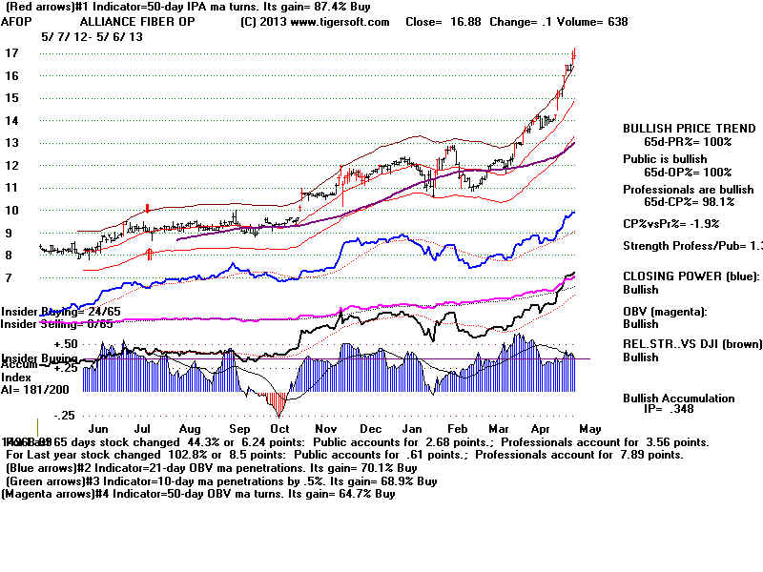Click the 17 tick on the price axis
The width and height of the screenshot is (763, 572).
(x=11, y=53)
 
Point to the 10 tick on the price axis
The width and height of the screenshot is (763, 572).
(x=11, y=210)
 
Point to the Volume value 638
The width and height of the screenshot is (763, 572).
(x=616, y=21)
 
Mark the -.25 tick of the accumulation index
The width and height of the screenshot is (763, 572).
(x=65, y=415)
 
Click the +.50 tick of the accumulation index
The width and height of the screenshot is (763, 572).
(x=65, y=344)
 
